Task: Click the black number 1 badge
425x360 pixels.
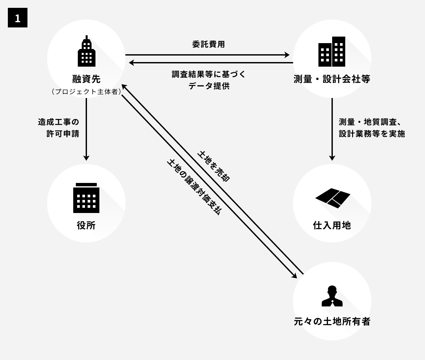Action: pos(18,18)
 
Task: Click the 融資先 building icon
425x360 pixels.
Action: pos(86,52)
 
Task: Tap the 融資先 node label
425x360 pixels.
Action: pos(86,79)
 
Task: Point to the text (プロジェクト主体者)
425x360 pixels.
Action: pos(86,92)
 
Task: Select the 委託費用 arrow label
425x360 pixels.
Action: pos(209,44)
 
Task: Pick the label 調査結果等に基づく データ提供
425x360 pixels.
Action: pos(209,80)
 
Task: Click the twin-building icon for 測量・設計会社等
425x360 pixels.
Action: pos(332,52)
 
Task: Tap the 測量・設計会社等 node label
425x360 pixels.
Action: pos(332,79)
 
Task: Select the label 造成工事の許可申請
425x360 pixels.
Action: pos(59,128)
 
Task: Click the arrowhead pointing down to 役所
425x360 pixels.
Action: pos(86,158)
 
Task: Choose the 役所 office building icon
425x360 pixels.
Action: pos(86,198)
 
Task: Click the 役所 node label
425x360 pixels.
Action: pos(86,225)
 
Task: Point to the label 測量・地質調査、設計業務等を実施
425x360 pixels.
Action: pos(372,128)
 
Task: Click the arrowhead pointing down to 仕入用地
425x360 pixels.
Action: pos(332,158)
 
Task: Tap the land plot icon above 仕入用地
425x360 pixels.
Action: pos(332,198)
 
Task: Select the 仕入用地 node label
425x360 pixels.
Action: pos(332,225)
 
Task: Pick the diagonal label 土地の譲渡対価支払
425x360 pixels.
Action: pos(194,187)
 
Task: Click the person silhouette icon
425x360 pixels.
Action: pos(332,296)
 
